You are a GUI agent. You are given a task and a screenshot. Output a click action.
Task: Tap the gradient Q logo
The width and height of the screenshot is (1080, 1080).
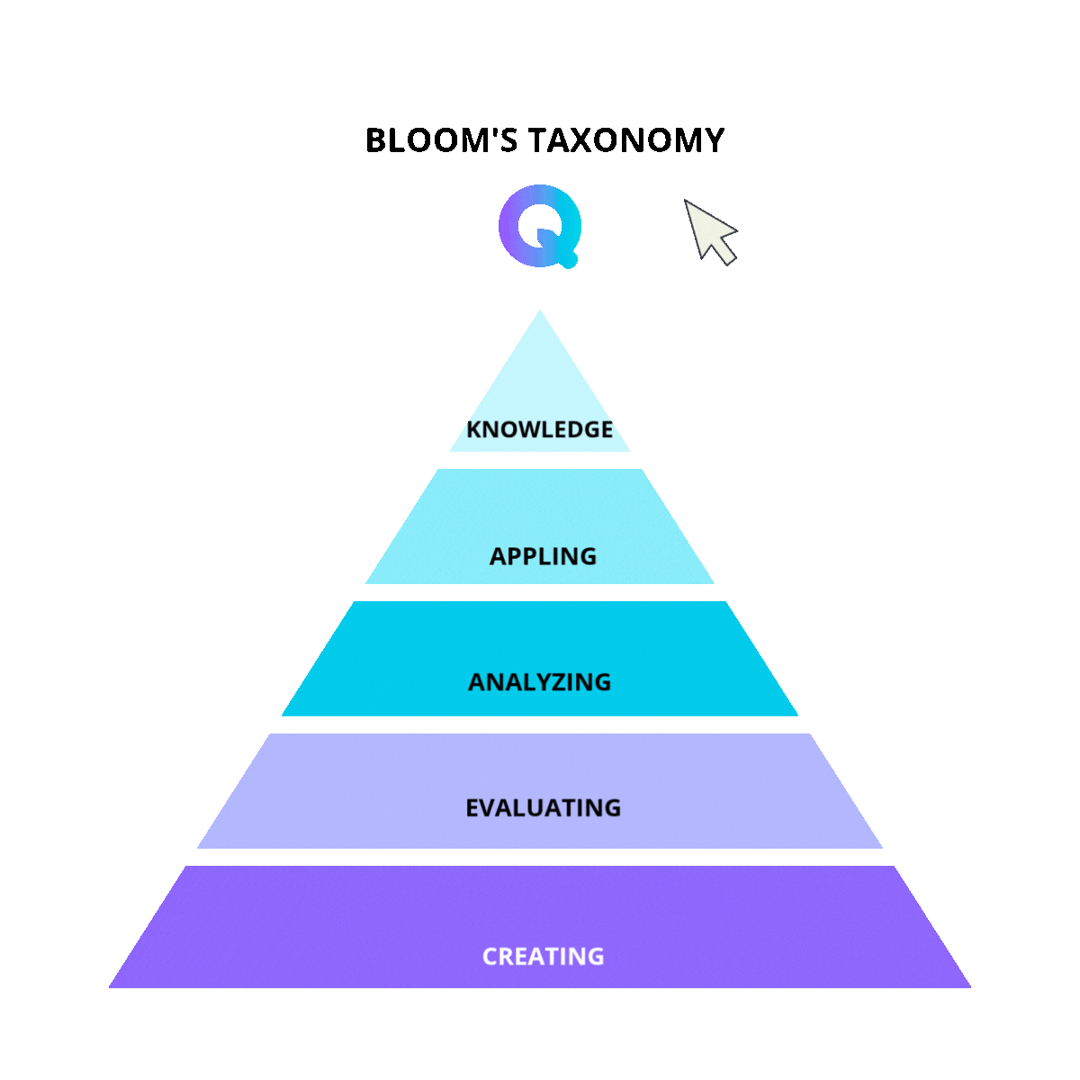point(539,226)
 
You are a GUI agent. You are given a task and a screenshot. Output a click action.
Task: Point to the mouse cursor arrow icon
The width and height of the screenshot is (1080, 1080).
point(711,232)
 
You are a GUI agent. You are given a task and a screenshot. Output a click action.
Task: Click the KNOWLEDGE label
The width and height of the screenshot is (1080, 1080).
point(540,429)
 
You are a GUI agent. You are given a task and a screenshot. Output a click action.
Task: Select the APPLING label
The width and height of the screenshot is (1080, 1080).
point(543,556)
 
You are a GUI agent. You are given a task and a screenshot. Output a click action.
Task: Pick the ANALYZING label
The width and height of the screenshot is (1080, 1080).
point(540,682)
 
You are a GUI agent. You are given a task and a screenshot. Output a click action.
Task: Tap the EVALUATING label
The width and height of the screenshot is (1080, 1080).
point(543,808)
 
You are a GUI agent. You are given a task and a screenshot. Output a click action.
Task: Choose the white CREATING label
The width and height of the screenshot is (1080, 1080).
point(543,956)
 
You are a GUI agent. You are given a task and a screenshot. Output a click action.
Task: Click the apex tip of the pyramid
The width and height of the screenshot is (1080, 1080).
point(540,311)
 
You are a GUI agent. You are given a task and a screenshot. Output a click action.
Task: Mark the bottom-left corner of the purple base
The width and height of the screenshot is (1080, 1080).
point(110,987)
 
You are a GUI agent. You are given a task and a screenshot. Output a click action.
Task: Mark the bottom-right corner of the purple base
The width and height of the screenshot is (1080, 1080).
point(970,987)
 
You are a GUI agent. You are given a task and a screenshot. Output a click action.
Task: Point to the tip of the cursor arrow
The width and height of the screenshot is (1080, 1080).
point(686,201)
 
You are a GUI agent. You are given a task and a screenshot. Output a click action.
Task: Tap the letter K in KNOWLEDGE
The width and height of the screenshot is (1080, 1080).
point(474,429)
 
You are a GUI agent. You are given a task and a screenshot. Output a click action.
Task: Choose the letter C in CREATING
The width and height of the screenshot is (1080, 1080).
point(491,956)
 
